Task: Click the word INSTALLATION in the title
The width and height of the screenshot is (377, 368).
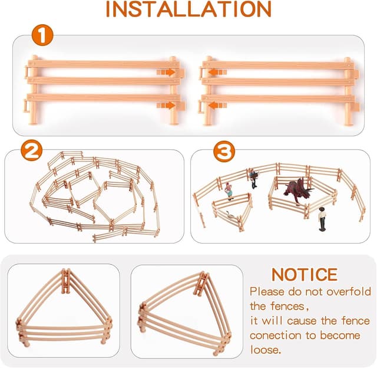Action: click(188, 9)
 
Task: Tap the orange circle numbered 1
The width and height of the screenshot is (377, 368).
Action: click(42, 35)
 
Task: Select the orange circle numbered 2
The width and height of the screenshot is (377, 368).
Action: click(31, 150)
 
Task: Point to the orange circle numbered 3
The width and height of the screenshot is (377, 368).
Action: click(224, 152)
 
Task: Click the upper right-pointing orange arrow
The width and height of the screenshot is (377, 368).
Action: click(166, 72)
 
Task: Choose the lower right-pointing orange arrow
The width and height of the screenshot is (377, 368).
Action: click(166, 106)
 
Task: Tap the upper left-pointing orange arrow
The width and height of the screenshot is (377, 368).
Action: click(217, 72)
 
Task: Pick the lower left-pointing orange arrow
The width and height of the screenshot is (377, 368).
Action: click(217, 106)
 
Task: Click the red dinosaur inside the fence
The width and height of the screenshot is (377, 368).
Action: click(298, 190)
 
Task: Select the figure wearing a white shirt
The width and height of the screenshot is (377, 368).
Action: click(322, 219)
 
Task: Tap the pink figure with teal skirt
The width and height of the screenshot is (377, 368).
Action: click(229, 191)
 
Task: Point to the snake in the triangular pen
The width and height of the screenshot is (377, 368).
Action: click(230, 215)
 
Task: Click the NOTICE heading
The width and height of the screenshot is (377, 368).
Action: click(305, 275)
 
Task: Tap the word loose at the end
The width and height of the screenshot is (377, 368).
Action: click(265, 350)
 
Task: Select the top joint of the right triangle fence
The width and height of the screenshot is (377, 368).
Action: click(201, 284)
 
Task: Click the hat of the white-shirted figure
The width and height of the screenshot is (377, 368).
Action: click(322, 208)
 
